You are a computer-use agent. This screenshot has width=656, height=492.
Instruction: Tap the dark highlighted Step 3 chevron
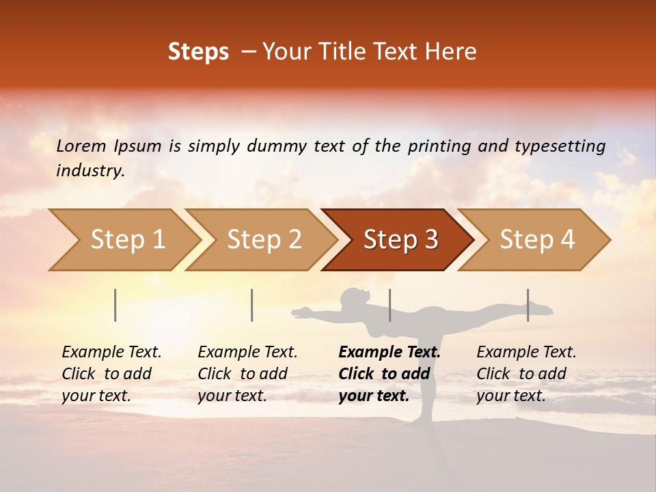click(398, 240)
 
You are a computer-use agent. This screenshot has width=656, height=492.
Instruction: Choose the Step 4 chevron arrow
click(535, 240)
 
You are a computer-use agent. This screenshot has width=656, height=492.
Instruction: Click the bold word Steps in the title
click(198, 52)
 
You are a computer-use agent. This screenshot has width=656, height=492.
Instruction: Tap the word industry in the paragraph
click(90, 170)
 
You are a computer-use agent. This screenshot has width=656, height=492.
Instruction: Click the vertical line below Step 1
click(115, 305)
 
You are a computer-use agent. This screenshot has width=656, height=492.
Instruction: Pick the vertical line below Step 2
click(252, 305)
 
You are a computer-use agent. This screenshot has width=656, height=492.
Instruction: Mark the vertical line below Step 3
click(389, 305)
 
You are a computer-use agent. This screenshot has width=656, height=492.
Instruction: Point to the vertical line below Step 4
click(528, 305)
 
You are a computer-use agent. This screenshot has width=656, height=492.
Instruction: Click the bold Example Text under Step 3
click(389, 352)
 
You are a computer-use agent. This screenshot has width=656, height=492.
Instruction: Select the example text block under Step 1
click(111, 374)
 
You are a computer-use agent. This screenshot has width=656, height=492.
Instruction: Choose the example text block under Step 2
click(247, 374)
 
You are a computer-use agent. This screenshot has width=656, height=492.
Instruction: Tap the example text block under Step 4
click(526, 374)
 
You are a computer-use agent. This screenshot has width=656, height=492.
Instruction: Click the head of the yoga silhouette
click(353, 298)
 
